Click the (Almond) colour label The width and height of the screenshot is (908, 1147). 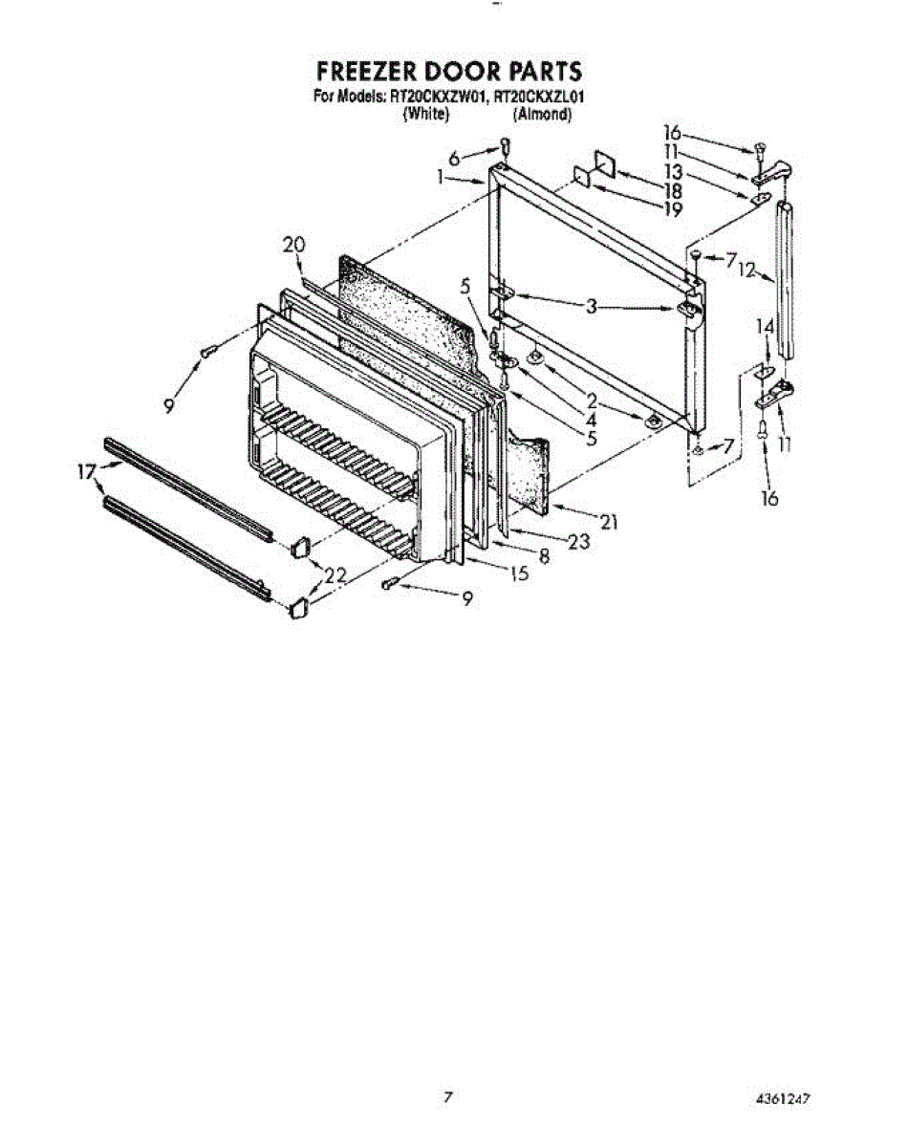point(541,114)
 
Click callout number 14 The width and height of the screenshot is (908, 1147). point(764,326)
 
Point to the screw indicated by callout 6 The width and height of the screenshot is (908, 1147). point(504,146)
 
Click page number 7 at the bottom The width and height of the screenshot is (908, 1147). point(447,1097)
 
